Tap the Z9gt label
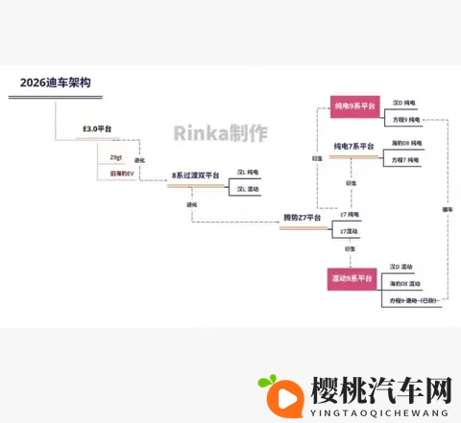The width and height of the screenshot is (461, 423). tap(116, 156)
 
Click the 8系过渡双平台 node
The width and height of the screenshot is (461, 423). tap(195, 176)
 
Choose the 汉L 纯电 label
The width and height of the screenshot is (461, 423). tap(248, 172)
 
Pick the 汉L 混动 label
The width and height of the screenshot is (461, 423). tap(248, 189)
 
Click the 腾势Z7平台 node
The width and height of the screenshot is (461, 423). tap(302, 218)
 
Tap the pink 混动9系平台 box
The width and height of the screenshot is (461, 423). tap(354, 278)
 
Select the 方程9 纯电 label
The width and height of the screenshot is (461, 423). tap(404, 119)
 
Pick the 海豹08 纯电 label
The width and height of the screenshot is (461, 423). tap(406, 143)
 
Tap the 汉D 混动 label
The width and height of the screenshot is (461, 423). tap(401, 267)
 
